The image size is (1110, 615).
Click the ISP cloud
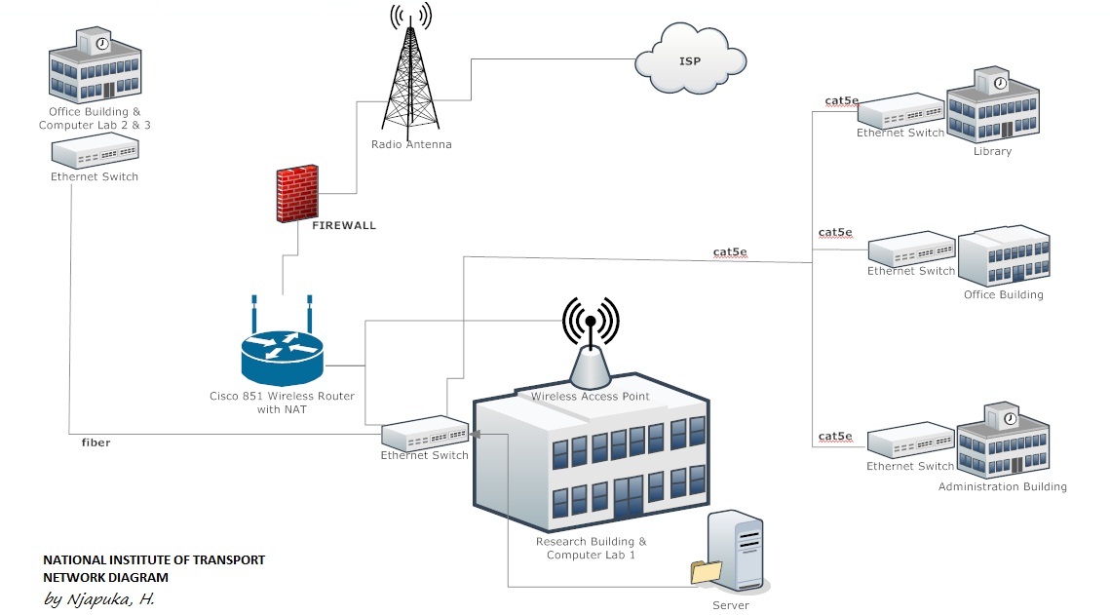689,61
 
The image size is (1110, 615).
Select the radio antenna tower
409,73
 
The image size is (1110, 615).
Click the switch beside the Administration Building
910,443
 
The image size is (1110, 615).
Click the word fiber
96,442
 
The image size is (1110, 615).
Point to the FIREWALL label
343,225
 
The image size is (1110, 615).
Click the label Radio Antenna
411,144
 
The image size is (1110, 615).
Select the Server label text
731,605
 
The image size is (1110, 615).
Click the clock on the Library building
1000,84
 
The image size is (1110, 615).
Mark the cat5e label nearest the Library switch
841,100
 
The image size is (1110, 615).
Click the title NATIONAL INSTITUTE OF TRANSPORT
153,560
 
